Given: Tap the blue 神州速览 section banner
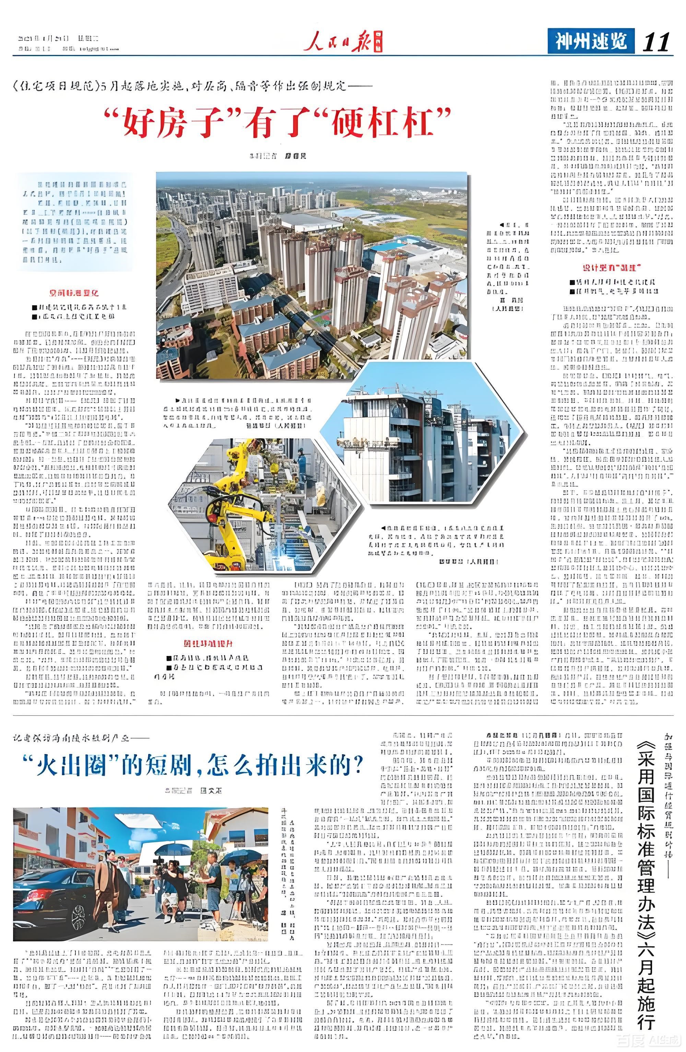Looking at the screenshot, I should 591,41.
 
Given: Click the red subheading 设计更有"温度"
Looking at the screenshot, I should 611,267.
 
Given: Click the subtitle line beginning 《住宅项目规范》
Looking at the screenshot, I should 193,86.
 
